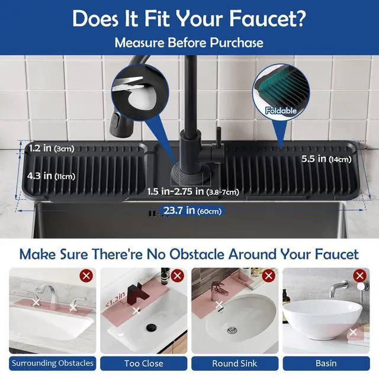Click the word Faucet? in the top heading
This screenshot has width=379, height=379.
pyautogui.click(x=268, y=18)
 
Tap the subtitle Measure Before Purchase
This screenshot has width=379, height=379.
pyautogui.click(x=189, y=43)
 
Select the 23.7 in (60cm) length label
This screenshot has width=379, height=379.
pyautogui.click(x=192, y=211)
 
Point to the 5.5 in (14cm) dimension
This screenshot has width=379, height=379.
pyautogui.click(x=326, y=159)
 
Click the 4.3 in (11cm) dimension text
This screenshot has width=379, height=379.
pyautogui.click(x=52, y=176)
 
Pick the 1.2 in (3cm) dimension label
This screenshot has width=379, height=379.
pyautogui.click(x=52, y=148)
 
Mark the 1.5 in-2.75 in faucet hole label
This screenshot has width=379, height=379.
pyautogui.click(x=193, y=192)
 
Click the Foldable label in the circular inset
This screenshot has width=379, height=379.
pyautogui.click(x=281, y=111)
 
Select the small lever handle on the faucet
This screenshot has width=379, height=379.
pyautogui.click(x=219, y=137)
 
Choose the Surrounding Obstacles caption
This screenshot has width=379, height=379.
pyautogui.click(x=53, y=363)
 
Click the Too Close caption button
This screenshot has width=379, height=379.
pyautogui.click(x=144, y=363)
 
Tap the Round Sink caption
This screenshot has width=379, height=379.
pyautogui.click(x=235, y=363)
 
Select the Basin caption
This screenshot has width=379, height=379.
pyautogui.click(x=326, y=363)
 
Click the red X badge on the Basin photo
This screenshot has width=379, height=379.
pyautogui.click(x=360, y=275)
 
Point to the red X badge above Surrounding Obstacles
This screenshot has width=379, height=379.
pyautogui.click(x=86, y=275)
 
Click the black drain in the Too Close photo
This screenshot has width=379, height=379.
pyautogui.click(x=152, y=327)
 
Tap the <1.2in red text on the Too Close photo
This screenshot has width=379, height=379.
pyautogui.click(x=115, y=300)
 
